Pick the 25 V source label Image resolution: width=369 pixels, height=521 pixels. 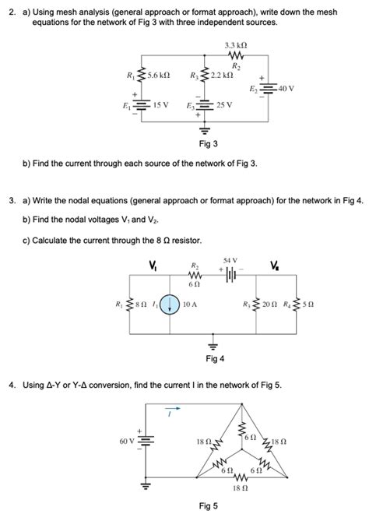coord(223,104)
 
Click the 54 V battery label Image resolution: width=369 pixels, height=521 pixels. coord(230,259)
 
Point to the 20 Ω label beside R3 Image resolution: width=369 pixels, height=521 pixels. coord(272,305)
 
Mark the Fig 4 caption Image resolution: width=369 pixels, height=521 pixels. coord(215,358)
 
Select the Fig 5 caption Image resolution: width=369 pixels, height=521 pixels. coord(209,506)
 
